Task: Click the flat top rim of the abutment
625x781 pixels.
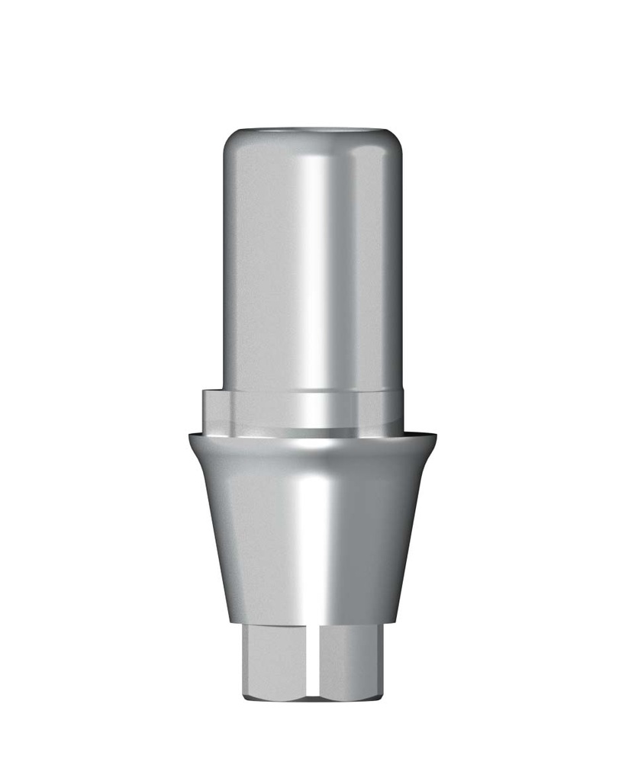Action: click(x=312, y=131)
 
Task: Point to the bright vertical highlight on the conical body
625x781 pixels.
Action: click(x=314, y=534)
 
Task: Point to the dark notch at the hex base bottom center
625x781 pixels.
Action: click(x=314, y=696)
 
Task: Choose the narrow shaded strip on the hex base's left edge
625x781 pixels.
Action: click(x=246, y=660)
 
